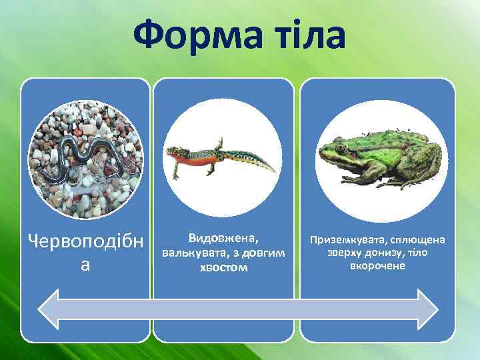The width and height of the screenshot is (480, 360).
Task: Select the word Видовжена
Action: (223, 238)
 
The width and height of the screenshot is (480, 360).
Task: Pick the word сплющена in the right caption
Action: (419, 240)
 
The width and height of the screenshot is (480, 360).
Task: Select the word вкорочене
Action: (377, 266)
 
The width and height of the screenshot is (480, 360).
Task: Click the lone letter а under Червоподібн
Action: (85, 264)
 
